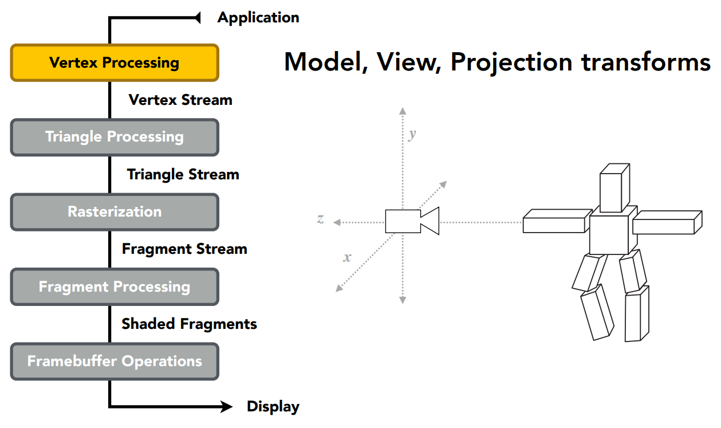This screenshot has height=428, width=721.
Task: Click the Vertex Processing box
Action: tap(115, 62)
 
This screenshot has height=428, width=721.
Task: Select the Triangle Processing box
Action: tap(115, 137)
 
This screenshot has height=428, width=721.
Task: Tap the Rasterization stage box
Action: tap(115, 212)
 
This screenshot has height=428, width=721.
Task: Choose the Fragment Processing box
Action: tap(115, 286)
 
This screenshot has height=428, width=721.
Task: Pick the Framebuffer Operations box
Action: tap(115, 362)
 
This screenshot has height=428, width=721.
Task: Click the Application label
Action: tap(258, 18)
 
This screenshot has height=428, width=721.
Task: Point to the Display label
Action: tap(273, 407)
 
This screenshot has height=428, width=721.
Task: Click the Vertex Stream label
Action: tap(180, 100)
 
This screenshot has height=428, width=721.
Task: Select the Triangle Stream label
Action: tap(183, 175)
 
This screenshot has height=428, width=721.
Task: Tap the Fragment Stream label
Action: tap(184, 249)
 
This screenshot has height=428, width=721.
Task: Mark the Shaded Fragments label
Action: tap(189, 324)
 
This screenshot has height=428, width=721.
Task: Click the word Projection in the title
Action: tap(511, 62)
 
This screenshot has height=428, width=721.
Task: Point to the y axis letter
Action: tap(412, 135)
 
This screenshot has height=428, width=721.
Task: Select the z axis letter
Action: tap(321, 219)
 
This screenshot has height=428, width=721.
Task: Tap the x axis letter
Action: tap(347, 257)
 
